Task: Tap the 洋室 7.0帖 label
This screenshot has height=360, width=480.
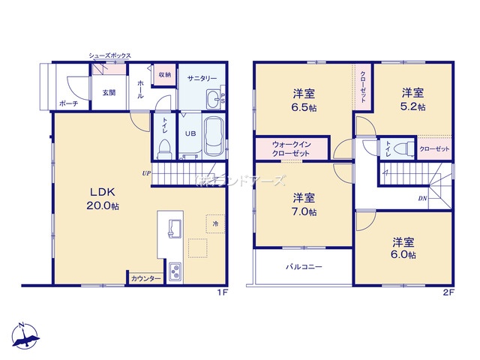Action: click(x=304, y=205)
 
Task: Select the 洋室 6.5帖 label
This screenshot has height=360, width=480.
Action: click(x=304, y=100)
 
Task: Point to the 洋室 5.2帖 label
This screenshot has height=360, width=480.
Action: click(x=412, y=100)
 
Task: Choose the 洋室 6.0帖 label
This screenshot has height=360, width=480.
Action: click(x=403, y=248)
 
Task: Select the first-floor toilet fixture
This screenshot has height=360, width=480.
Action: click(x=165, y=146)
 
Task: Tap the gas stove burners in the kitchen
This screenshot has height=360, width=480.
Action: click(x=175, y=270)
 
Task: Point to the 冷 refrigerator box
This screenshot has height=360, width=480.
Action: click(x=214, y=223)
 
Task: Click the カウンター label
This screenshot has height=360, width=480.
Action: click(x=145, y=278)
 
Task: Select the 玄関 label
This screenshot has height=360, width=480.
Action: click(x=109, y=93)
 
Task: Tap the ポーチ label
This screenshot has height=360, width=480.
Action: click(x=69, y=103)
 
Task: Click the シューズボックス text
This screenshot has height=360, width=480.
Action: click(x=109, y=55)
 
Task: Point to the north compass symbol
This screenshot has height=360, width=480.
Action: click(x=24, y=335)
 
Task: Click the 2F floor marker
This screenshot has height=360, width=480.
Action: click(x=448, y=293)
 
